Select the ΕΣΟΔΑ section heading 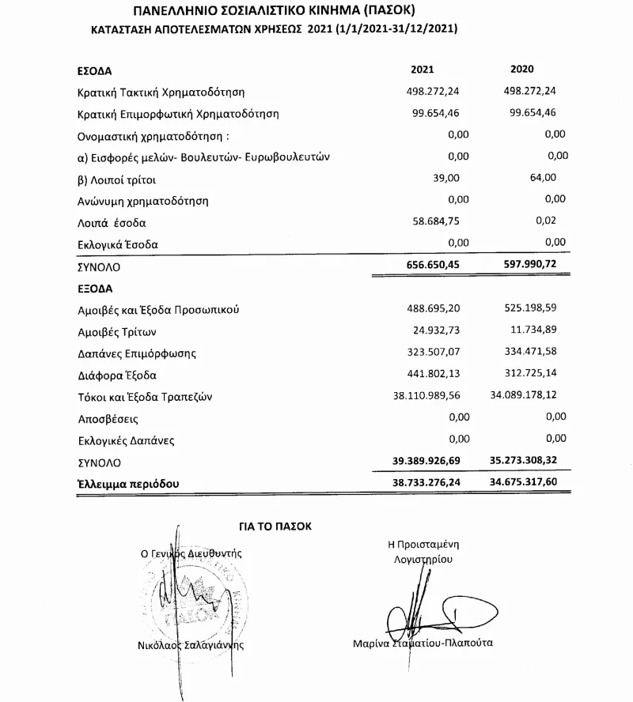point(95,70)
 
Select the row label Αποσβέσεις point(109,417)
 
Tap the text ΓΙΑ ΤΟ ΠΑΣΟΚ point(276,525)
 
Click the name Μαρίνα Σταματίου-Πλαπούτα point(423,643)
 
